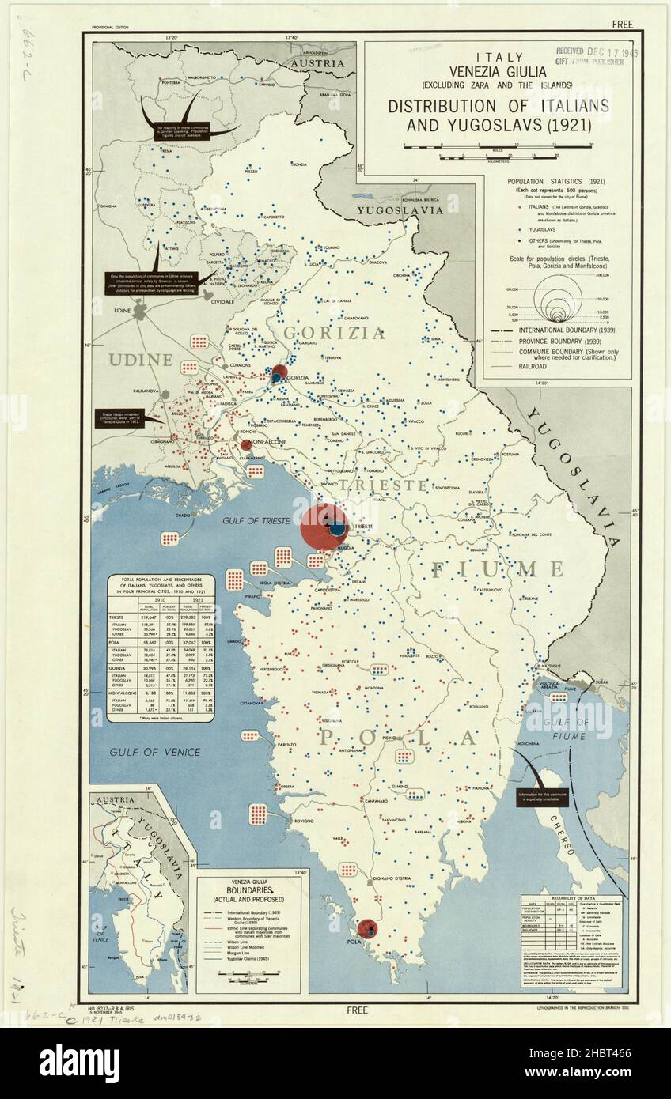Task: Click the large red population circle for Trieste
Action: pos(323,527)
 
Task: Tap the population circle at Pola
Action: pos(367,930)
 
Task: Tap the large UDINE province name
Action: pos(141,360)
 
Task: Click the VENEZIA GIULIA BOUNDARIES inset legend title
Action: pos(248,889)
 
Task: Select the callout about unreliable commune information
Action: pos(542,795)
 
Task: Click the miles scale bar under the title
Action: pos(497,146)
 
